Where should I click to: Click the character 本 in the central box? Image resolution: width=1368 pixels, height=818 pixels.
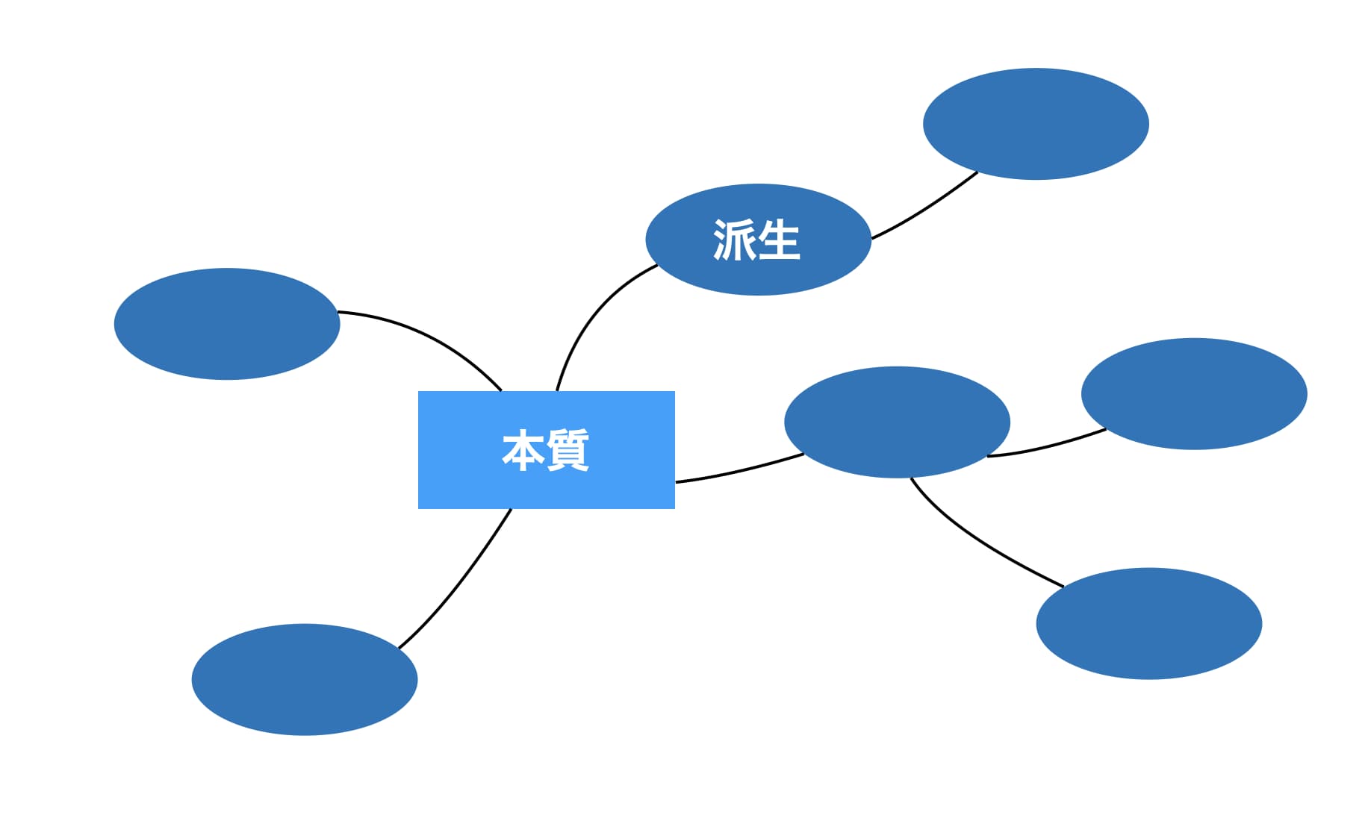pos(523,450)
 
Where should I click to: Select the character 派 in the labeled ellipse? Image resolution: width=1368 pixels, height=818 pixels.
pos(734,240)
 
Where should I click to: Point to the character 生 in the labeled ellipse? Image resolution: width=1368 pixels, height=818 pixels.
pos(780,240)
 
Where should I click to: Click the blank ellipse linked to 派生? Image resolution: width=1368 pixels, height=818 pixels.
pos(1036,124)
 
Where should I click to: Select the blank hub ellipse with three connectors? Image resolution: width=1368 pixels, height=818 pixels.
pos(897,422)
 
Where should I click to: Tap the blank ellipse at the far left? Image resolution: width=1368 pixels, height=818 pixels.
pos(227,324)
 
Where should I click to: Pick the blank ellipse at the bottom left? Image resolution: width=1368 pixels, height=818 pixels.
pos(305,679)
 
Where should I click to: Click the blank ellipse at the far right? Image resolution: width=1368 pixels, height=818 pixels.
pos(1194,394)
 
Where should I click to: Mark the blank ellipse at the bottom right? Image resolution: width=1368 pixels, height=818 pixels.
pos(1148,623)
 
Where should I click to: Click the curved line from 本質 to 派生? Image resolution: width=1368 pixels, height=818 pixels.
pos(590,313)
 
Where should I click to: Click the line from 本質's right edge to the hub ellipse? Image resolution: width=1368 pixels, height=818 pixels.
pos(739,471)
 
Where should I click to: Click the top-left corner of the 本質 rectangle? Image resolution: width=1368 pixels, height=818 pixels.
pos(419,392)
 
